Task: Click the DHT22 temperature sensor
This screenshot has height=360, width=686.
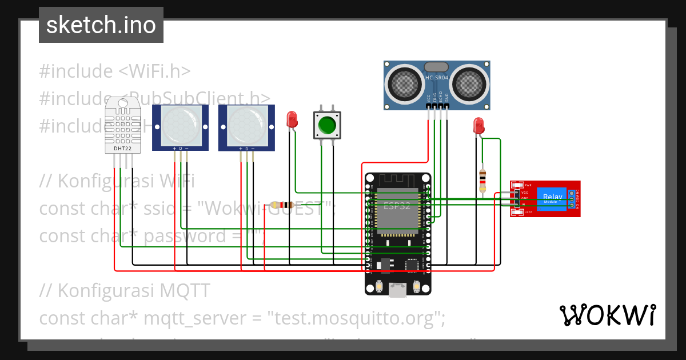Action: pos(123,126)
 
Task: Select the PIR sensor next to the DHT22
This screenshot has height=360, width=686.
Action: pos(181,127)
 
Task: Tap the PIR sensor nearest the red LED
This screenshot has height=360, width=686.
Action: pos(246,127)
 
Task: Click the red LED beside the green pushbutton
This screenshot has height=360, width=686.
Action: pos(292,119)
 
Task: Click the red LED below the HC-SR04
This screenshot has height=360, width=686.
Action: pos(478,126)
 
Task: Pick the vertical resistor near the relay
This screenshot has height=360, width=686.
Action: pos(482,180)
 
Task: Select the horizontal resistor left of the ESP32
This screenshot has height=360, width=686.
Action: pos(282,205)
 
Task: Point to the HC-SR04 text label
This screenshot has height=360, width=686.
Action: pos(437,77)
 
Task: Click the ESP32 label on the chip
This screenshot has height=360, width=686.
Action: pos(397,206)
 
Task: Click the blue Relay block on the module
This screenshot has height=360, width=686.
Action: pos(552,199)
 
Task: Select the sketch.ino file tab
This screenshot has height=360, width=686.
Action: pos(101,25)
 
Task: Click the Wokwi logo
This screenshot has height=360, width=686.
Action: pos(607,315)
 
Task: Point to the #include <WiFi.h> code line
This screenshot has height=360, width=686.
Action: pos(115,71)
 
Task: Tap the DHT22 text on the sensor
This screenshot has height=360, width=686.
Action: pos(122,149)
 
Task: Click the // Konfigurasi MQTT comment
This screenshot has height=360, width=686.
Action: pos(125,290)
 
